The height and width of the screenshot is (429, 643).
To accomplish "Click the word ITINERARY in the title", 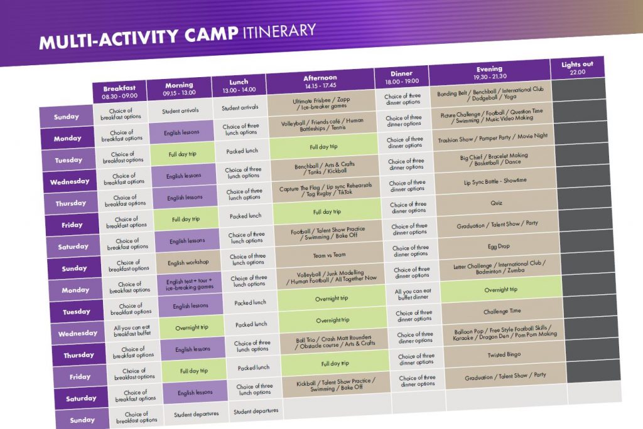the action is [x=279, y=31].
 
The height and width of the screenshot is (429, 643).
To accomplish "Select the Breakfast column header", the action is [x=119, y=92].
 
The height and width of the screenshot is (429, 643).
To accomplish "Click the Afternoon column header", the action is [x=320, y=81].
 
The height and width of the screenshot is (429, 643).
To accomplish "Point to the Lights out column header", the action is [x=578, y=68].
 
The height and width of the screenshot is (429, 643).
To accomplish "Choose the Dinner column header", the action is [x=401, y=77].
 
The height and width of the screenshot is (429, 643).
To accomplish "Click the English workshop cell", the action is [x=188, y=262].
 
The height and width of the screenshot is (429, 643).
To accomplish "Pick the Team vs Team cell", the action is [x=329, y=255].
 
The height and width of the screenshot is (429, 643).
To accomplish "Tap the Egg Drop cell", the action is [x=499, y=246].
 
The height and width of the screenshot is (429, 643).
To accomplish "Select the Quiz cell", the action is [x=496, y=203].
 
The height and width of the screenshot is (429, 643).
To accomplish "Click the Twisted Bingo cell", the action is [x=504, y=354].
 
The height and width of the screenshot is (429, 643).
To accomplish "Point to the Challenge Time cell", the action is [x=502, y=312].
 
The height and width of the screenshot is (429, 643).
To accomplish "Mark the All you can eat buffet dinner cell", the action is [x=413, y=294].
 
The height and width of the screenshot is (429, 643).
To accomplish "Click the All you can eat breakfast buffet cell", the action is [x=132, y=331].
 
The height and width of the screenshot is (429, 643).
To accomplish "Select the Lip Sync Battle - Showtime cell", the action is [x=495, y=181].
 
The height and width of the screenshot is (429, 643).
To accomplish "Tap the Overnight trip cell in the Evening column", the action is [x=500, y=290].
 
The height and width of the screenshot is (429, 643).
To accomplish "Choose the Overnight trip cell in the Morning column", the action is [x=192, y=327].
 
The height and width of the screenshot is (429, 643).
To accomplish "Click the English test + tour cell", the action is [x=190, y=284].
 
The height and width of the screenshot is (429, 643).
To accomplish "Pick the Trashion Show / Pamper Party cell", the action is [x=492, y=138].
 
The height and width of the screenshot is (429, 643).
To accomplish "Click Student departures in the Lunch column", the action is [x=256, y=411].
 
